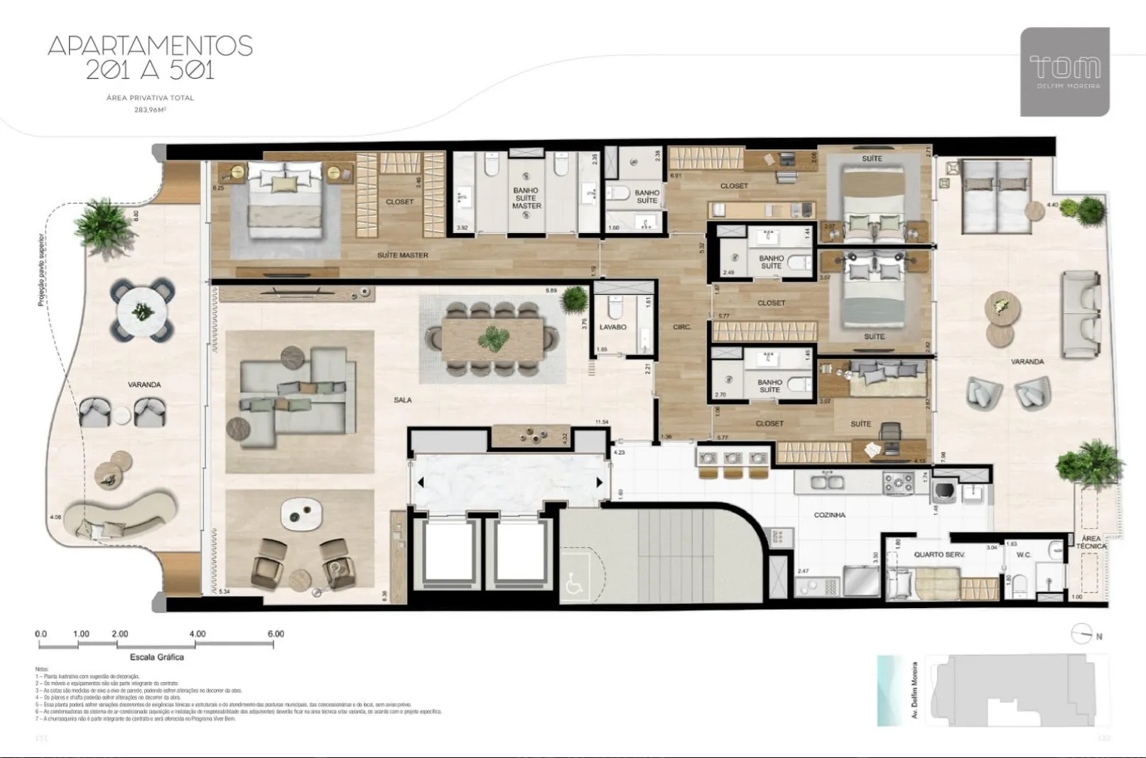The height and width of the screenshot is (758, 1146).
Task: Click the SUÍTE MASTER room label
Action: [402, 255]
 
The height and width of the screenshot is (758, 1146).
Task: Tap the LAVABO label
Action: [612, 327]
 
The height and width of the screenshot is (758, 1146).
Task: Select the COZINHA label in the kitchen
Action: [829, 515]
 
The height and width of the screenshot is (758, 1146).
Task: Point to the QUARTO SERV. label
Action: [939, 554]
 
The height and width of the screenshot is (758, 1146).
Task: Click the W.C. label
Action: [1023, 555]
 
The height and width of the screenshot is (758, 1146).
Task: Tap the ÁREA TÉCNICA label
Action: [1091, 543]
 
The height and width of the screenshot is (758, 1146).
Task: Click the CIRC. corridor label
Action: [682, 327]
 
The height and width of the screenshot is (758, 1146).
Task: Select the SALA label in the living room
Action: [403, 400]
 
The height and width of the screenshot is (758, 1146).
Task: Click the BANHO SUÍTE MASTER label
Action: [526, 198]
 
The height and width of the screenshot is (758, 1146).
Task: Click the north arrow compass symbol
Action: [1083, 634]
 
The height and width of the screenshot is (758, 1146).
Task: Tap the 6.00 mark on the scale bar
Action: [275, 634]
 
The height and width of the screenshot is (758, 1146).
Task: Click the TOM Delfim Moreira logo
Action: [1064, 72]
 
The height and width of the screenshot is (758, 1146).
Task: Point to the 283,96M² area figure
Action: [150, 110]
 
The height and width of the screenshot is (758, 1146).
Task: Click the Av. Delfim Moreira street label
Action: [915, 690]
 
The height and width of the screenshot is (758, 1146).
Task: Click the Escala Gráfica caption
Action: [156, 657]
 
